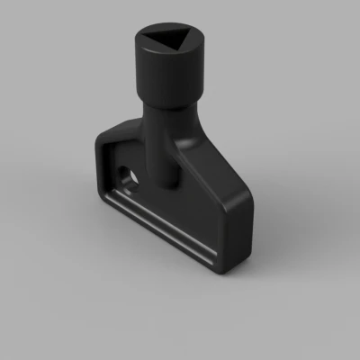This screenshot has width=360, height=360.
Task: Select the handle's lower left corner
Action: click(102, 200)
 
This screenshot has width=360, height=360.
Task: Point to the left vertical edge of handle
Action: click(96, 166)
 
